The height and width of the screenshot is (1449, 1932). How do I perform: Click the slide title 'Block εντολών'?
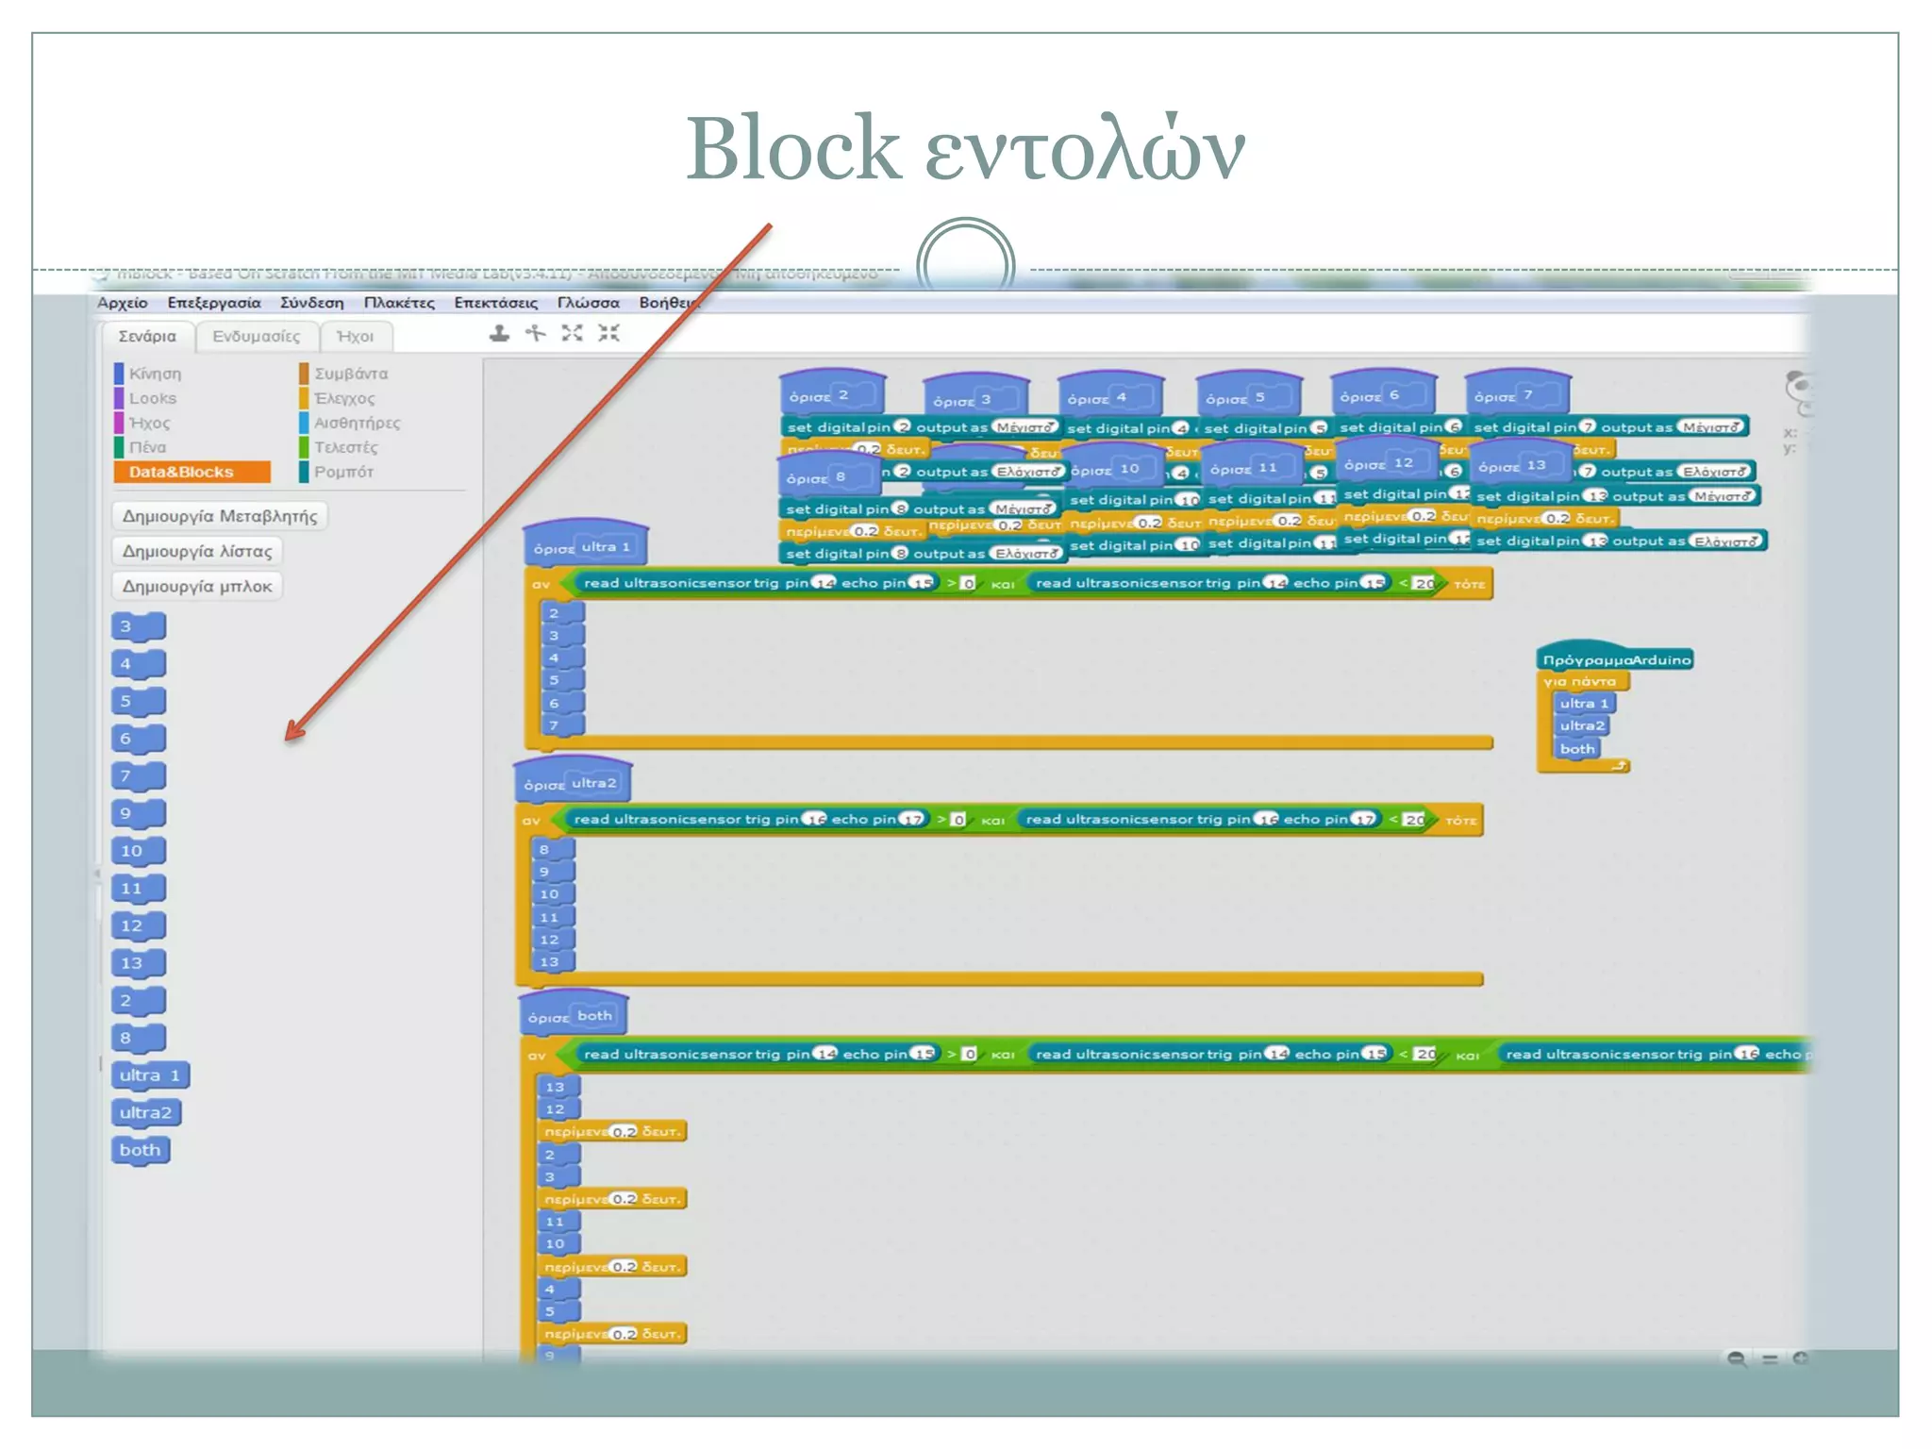tap(965, 148)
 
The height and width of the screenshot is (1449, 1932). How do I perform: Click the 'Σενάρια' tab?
tap(147, 337)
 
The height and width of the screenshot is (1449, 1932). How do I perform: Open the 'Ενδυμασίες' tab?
tap(256, 337)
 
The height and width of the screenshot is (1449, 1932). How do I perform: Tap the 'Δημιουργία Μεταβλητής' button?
tap(220, 516)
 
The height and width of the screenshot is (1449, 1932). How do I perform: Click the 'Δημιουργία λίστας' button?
tap(197, 551)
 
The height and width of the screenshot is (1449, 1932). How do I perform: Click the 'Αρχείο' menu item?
tap(123, 303)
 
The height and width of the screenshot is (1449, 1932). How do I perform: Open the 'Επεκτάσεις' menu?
tap(495, 303)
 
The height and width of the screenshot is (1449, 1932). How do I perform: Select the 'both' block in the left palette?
tap(141, 1150)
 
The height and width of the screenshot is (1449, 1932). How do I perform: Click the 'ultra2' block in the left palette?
tap(145, 1113)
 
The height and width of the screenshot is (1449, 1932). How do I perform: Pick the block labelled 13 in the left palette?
tap(137, 963)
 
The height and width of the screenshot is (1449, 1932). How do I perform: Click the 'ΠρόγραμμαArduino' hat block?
tap(1615, 659)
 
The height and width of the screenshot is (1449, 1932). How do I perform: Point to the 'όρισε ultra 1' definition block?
tap(582, 547)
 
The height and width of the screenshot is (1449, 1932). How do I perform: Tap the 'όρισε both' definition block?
tap(572, 1016)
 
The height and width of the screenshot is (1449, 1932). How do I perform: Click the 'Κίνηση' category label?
tap(155, 374)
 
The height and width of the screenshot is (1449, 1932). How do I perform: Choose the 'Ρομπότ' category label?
tap(343, 472)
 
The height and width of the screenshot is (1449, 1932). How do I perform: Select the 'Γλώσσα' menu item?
tap(588, 303)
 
